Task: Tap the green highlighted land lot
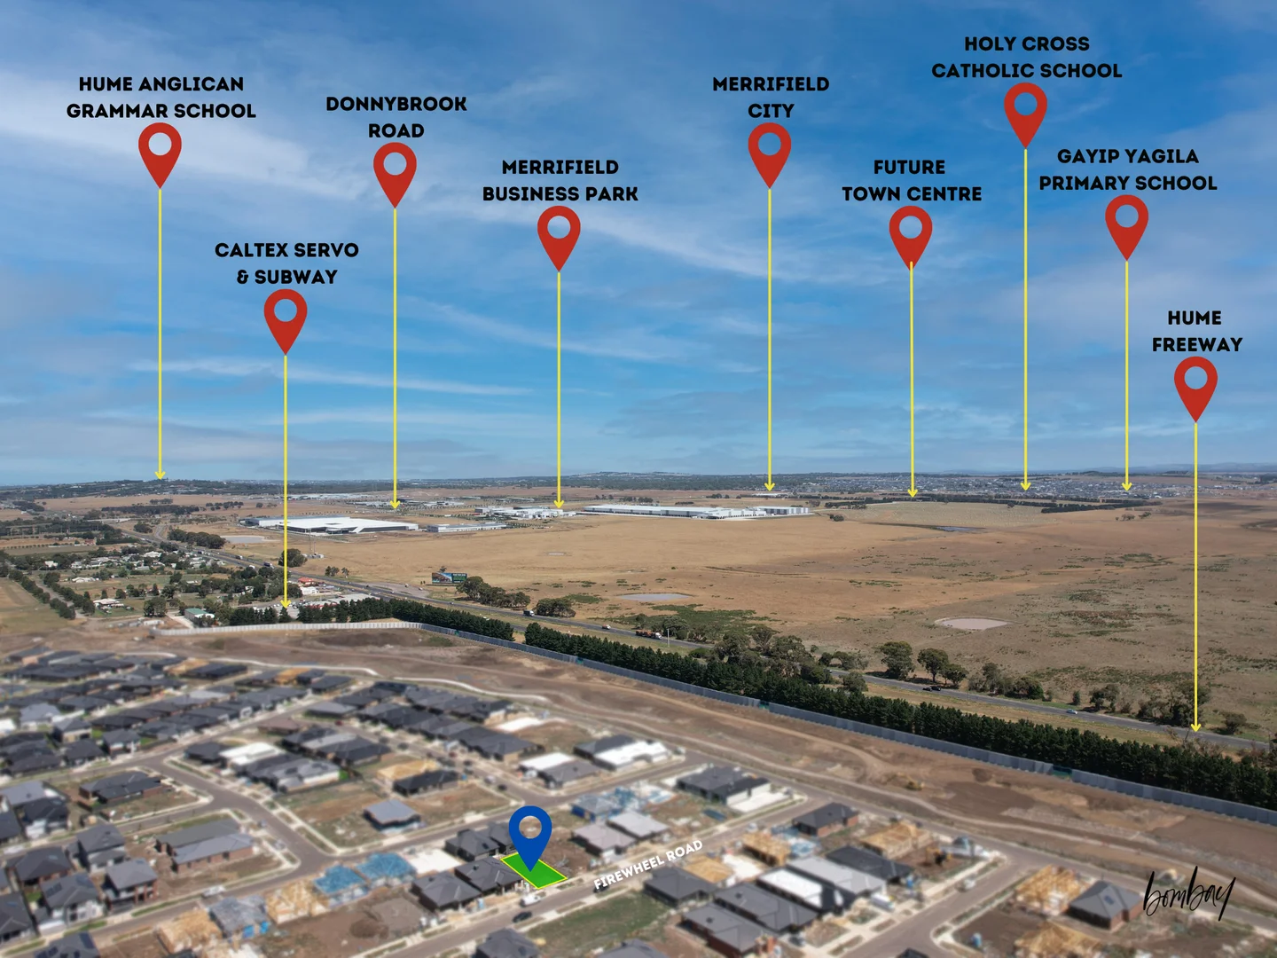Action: click(x=534, y=871)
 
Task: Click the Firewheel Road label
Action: click(x=647, y=865)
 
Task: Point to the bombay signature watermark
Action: click(x=1188, y=894)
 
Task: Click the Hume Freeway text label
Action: click(x=1196, y=331)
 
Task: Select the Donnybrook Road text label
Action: click(x=396, y=117)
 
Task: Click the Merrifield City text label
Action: click(x=771, y=97)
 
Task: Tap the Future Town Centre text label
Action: click(x=911, y=180)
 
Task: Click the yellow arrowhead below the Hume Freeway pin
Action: click(x=1195, y=727)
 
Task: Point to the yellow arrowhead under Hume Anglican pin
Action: click(x=161, y=475)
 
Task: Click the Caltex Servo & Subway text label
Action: click(x=286, y=263)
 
